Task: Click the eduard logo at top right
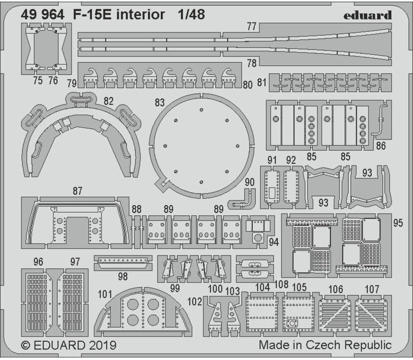click(367, 15)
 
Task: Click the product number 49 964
click(43, 15)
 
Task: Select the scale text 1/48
click(191, 15)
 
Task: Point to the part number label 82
click(108, 102)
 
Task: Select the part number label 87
click(77, 191)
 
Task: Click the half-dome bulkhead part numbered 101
click(142, 312)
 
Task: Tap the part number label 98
click(123, 277)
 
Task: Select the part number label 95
click(398, 223)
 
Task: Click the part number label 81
click(261, 82)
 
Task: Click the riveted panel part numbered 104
click(262, 313)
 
